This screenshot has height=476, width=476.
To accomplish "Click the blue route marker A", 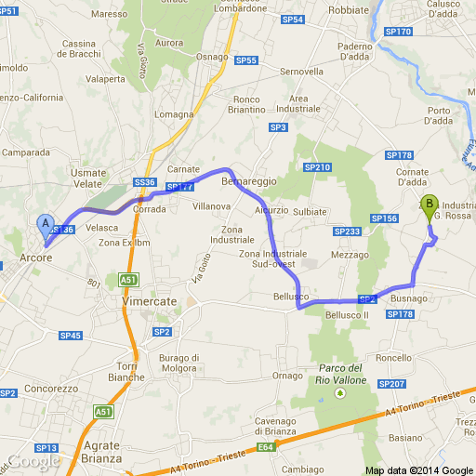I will click(x=44, y=224).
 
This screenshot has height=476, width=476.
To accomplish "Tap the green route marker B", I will click(x=429, y=205).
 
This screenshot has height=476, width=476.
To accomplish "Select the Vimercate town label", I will click(x=149, y=302).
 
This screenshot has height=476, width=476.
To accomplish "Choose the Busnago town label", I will click(x=409, y=298).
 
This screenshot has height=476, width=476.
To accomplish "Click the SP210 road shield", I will click(x=317, y=167).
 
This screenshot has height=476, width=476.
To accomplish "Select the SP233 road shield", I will click(x=347, y=231).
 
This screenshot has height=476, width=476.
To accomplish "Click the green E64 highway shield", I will click(x=266, y=447).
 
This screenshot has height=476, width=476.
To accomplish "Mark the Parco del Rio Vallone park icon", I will click(x=339, y=393).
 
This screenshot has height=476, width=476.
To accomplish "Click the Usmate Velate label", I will click(x=88, y=178).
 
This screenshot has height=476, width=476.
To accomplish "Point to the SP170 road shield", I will click(x=397, y=32).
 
